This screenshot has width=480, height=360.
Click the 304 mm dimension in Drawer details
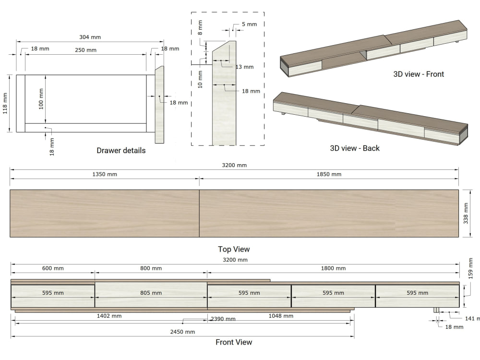(x=90, y=37)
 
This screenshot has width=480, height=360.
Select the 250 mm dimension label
(x=86, y=50)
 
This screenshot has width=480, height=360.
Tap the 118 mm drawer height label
(x=5, y=104)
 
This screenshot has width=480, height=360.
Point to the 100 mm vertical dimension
(x=41, y=98)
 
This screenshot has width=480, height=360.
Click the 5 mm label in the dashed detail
(x=249, y=24)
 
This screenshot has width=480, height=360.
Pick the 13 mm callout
(x=245, y=67)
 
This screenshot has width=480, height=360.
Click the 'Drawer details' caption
(x=121, y=150)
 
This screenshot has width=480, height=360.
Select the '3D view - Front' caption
(x=419, y=74)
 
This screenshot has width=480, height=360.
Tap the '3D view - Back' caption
(x=355, y=148)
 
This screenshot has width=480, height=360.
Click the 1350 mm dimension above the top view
(x=105, y=174)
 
